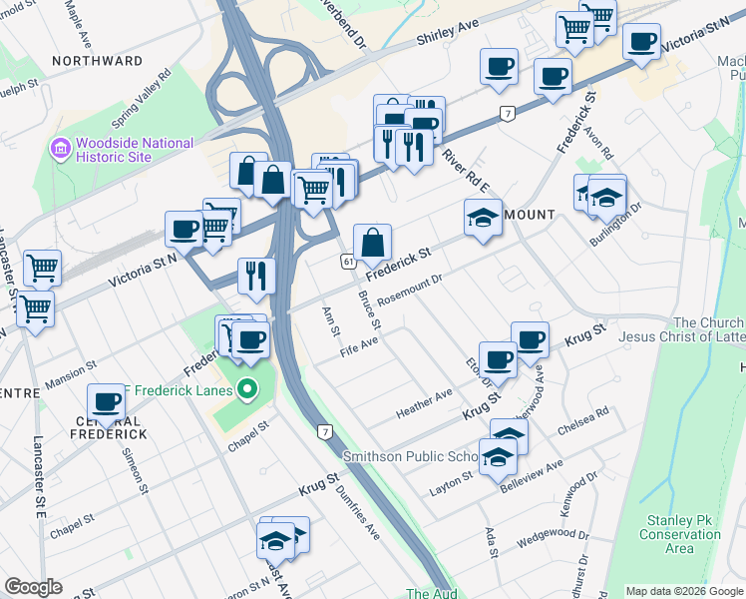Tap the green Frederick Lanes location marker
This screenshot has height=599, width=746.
pyautogui.click(x=248, y=389)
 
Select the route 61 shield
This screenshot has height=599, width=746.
pyautogui.click(x=347, y=261)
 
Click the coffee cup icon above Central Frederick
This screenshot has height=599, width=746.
pyautogui.click(x=107, y=402)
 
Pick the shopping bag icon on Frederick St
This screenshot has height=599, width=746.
pyautogui.click(x=372, y=242)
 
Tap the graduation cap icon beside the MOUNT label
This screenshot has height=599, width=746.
pyautogui.click(x=483, y=218)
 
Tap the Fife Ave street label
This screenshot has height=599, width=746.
pyautogui.click(x=359, y=346)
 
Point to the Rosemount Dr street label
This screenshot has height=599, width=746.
pyautogui.click(x=408, y=288)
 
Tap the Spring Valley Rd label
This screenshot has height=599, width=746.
pyautogui.click(x=142, y=97)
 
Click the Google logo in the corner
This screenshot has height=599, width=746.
pyautogui.click(x=34, y=587)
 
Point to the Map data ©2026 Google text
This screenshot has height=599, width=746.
pyautogui.click(x=683, y=591)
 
